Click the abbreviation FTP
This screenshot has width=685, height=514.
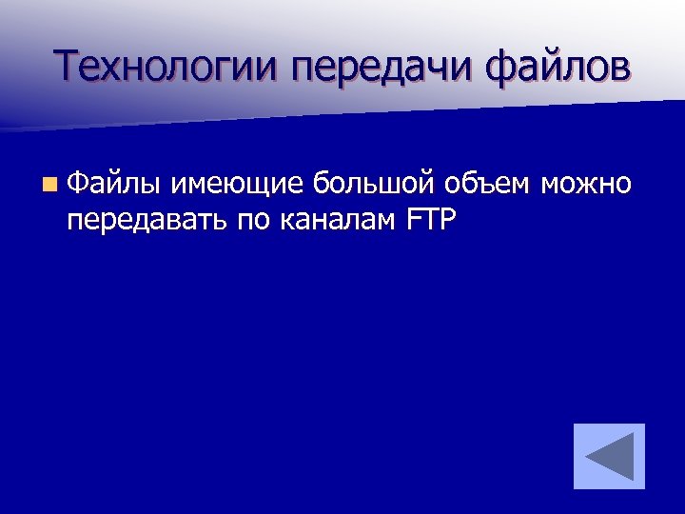tap(431, 220)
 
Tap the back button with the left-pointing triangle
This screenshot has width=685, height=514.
tap(609, 457)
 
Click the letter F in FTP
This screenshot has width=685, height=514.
tap(412, 220)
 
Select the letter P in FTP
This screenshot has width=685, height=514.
tap(449, 220)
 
